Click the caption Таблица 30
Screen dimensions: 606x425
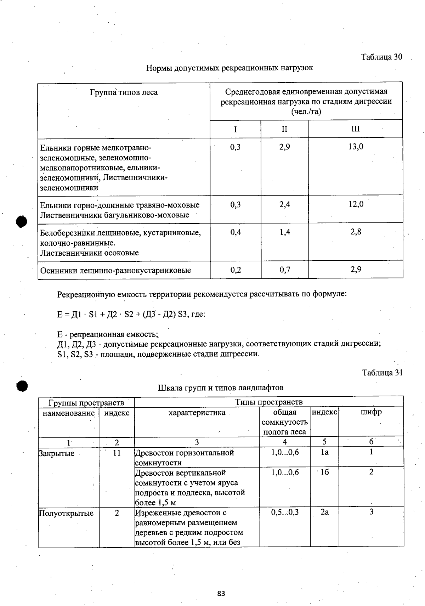click(x=381, y=57)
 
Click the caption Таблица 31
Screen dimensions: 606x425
click(x=382, y=372)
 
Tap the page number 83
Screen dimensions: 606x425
click(x=221, y=593)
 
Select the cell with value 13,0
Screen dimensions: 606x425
click(x=355, y=147)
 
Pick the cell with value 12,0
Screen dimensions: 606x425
click(x=356, y=204)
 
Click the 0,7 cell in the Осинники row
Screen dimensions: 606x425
click(x=284, y=270)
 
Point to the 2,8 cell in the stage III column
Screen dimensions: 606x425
click(x=356, y=232)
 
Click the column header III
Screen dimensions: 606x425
click(x=355, y=129)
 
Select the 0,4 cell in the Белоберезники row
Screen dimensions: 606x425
click(x=235, y=232)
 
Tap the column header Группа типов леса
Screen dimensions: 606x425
click(x=124, y=93)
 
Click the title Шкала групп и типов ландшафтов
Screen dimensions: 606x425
click(x=220, y=387)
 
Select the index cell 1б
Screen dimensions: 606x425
click(x=324, y=472)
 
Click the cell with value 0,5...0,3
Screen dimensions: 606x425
click(x=285, y=512)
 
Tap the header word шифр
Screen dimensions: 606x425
click(x=371, y=412)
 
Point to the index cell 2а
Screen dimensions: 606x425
click(x=324, y=512)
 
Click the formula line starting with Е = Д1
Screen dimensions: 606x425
click(x=131, y=314)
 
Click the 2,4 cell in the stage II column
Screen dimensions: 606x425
click(x=284, y=204)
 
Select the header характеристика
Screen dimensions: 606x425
click(x=197, y=413)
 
